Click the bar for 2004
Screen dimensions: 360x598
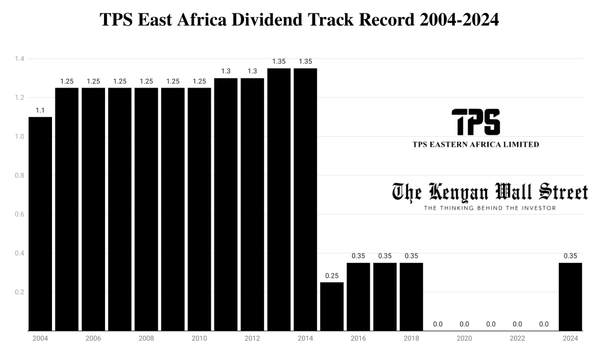(x=40, y=223)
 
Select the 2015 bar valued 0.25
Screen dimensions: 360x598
(x=332, y=306)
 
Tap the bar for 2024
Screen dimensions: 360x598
(x=571, y=296)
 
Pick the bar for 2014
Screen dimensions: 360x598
(x=305, y=199)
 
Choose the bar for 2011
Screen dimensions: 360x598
(x=226, y=204)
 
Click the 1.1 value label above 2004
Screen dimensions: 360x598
(x=40, y=110)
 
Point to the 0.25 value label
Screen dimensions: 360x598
(x=332, y=275)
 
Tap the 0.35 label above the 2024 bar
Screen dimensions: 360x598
(x=571, y=255)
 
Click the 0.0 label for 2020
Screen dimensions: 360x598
(x=464, y=324)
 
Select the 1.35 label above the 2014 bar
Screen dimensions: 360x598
(x=305, y=61)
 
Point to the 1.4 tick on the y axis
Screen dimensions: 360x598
(x=19, y=59)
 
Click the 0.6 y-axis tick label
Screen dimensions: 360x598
(x=19, y=214)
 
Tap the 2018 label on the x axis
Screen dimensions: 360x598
(x=411, y=338)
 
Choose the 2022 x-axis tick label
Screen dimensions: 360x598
(x=517, y=338)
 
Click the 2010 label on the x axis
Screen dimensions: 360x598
(x=199, y=338)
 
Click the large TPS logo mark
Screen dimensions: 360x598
(x=476, y=122)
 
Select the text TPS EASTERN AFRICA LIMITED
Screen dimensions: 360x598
(x=475, y=144)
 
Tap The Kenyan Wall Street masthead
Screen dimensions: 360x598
(x=489, y=192)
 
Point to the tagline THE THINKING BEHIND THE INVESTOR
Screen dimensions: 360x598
(x=489, y=207)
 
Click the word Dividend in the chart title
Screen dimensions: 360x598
(x=266, y=20)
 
